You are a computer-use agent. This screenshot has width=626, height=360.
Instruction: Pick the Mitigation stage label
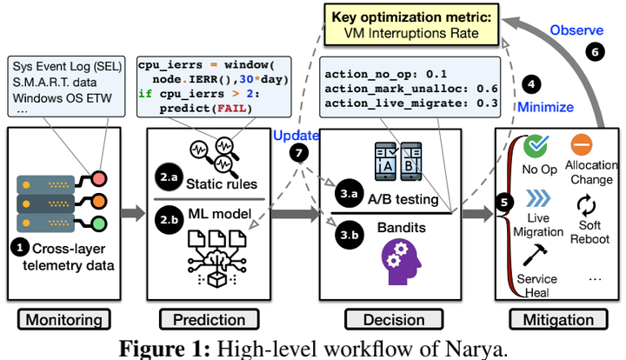(x=556, y=320)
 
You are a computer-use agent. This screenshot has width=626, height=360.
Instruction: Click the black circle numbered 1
(x=19, y=246)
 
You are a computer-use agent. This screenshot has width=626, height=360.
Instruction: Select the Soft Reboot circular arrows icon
(x=584, y=205)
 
